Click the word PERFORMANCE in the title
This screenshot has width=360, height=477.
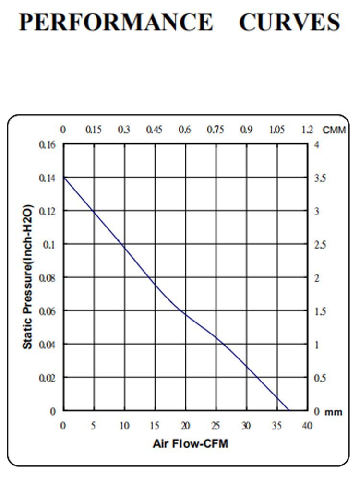[x=115, y=23]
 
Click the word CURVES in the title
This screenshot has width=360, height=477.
[x=289, y=23]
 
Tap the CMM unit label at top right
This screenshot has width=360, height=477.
[x=334, y=130]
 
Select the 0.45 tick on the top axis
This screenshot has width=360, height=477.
[x=155, y=130]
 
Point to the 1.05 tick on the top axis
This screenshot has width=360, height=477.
[x=277, y=130]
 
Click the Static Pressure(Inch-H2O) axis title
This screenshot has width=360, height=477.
[x=28, y=277]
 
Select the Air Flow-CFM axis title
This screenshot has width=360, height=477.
[x=191, y=444]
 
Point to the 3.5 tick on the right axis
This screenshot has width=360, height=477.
[x=320, y=179]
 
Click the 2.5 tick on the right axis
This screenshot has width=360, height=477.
[x=320, y=245]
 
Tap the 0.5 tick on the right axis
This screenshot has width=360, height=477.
[x=320, y=378]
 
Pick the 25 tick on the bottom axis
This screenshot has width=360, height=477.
[x=216, y=426]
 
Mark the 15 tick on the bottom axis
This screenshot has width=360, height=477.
[x=155, y=426]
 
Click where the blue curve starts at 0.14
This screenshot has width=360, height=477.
[x=64, y=178]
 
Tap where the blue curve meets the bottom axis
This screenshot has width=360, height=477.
[x=289, y=410]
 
